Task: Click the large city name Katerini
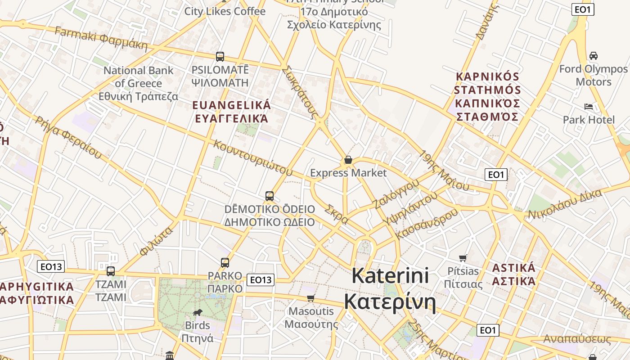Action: coord(390,275)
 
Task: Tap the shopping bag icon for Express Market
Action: coord(348,160)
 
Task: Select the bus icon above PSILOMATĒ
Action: coord(220,57)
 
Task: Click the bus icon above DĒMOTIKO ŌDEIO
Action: coord(270,196)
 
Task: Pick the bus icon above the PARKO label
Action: coord(225,262)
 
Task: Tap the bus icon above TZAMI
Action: coord(111,271)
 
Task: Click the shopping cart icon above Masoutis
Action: coord(310,298)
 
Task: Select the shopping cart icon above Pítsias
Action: coord(463,258)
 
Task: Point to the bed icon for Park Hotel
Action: coord(588,107)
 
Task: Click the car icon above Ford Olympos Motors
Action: coord(594,56)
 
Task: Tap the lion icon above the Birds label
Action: coord(198,312)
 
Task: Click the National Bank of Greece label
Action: coord(139,83)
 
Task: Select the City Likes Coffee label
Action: coord(225,11)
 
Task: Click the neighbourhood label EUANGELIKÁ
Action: coord(231,105)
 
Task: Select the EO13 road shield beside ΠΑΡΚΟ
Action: coord(261,280)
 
